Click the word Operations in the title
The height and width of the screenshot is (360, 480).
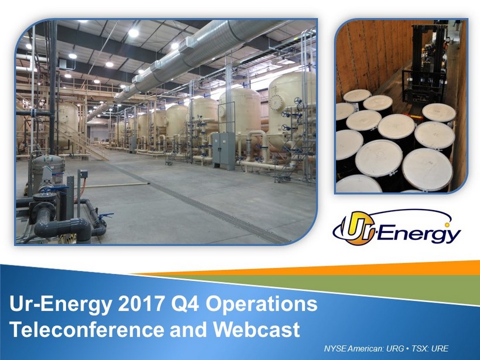262,304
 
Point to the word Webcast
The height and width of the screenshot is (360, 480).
256,329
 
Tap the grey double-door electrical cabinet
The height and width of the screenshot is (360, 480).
224,151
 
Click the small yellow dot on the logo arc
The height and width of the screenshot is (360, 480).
447,225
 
